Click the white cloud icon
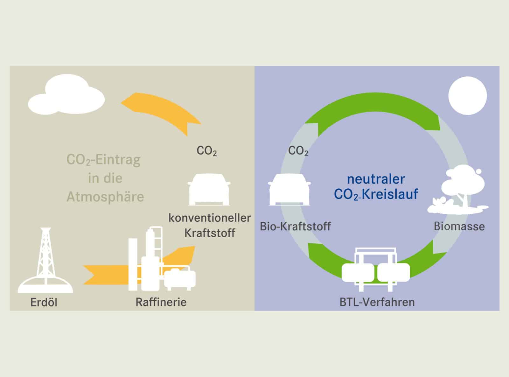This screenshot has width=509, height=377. tap(66, 95)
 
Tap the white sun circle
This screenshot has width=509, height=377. tap(467, 95)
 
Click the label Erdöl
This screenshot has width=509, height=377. tap(44, 302)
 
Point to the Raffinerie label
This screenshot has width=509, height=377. tap(161, 302)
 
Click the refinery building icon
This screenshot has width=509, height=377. tap(162, 259)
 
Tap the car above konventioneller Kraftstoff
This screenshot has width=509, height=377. tap(209, 189)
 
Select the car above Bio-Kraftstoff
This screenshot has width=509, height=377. tap(289, 189)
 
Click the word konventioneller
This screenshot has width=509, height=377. tap(210, 218)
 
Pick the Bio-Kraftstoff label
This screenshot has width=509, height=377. tap(295, 227)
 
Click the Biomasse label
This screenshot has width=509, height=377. tap(459, 227)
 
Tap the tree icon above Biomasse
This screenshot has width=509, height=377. tap(458, 190)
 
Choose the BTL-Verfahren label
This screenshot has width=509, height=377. tap(377, 302)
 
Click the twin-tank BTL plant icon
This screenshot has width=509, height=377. tap(376, 269)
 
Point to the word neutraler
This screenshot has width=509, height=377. tap(376, 179)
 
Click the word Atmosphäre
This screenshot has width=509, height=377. tap(105, 197)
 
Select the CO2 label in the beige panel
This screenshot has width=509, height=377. tap(206, 151)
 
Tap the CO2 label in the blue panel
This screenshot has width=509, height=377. tap(298, 151)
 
